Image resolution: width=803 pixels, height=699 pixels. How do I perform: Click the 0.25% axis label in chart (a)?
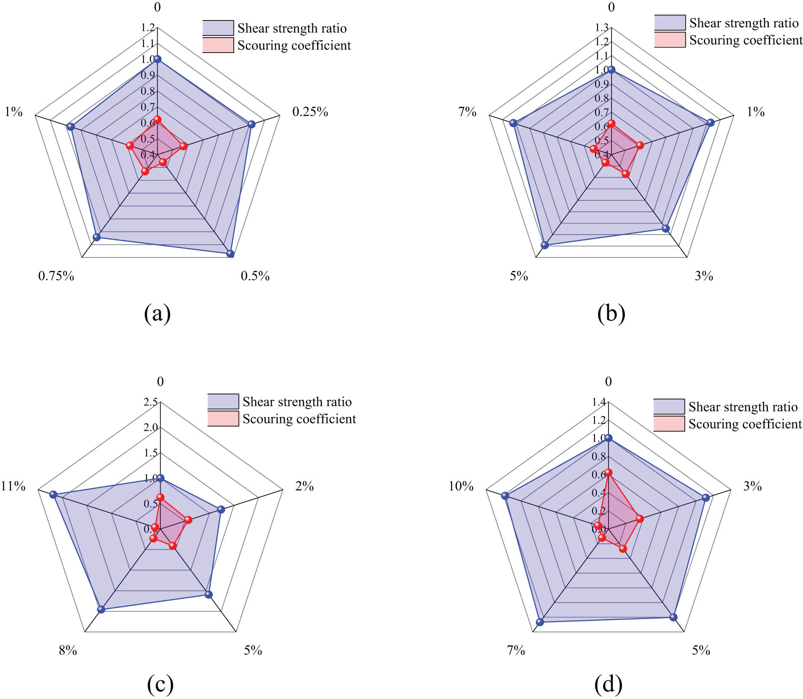coord(310,112)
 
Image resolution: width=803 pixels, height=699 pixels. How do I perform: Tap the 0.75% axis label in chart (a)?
coord(56,276)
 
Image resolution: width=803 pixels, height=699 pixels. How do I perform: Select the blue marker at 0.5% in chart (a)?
coord(230,253)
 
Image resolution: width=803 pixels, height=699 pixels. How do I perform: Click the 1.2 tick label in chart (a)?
coord(148,28)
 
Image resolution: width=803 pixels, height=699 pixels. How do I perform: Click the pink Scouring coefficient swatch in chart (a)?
coord(218,45)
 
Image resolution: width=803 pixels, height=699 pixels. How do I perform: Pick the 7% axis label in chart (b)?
coord(467,112)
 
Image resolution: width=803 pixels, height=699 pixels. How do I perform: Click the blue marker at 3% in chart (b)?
coord(665,228)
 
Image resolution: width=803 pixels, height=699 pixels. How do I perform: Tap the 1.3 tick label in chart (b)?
coord(602,28)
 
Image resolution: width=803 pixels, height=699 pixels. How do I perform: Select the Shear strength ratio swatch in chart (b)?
coord(670,23)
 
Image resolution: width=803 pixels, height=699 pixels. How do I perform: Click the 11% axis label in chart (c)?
coord(13,486)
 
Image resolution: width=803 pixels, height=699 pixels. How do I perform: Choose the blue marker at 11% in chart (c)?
coord(53,494)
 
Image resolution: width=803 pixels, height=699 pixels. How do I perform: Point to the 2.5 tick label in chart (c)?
coord(150,402)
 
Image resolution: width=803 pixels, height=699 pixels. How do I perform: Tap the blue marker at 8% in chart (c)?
coord(101,609)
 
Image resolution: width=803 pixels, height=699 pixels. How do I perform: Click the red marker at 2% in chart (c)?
coord(188,520)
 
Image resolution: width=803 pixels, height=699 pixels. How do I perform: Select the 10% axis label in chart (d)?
coord(461,486)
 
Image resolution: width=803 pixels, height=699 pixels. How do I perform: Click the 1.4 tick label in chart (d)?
coord(599,402)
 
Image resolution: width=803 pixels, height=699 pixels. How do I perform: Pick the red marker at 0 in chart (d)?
coord(608,473)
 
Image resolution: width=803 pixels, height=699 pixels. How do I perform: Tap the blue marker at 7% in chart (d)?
coord(540,622)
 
